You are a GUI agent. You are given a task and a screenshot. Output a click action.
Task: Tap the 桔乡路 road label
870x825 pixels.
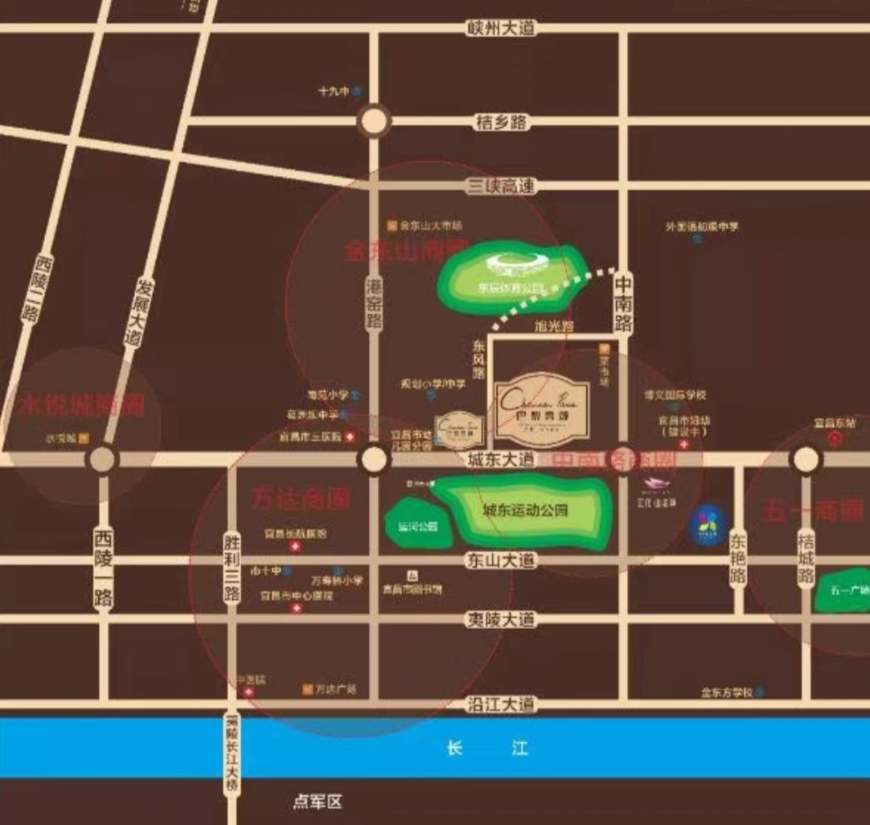[501, 122]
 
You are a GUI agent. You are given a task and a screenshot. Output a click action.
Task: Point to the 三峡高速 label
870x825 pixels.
[501, 186]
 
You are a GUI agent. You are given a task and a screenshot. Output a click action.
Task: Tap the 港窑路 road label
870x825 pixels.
[374, 303]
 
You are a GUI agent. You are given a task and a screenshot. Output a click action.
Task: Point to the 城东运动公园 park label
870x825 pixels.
[525, 510]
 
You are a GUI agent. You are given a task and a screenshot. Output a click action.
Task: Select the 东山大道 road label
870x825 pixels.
[501, 560]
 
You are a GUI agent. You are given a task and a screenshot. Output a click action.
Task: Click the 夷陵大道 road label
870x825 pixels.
[501, 620]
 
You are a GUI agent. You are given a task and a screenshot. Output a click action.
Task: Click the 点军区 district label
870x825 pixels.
[318, 801]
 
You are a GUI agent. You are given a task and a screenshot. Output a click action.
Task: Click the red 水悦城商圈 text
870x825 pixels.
[81, 406]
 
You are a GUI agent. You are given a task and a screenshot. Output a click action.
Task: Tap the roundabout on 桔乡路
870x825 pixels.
[373, 121]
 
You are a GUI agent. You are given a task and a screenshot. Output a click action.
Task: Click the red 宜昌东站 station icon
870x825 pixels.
[834, 439]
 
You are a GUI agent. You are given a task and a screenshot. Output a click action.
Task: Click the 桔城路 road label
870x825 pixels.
[806, 557]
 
